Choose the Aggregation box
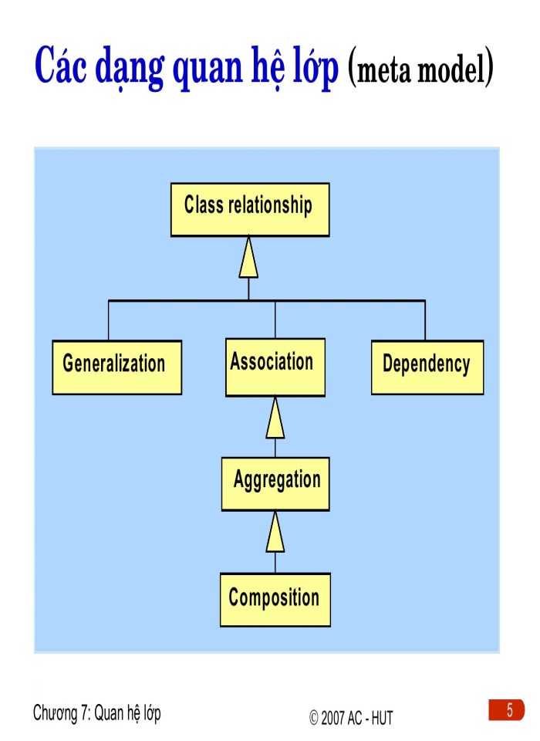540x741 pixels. click(x=275, y=483)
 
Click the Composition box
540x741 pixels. click(x=275, y=600)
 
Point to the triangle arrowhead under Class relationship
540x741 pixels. click(x=248, y=259)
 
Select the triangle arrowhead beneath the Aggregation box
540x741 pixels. click(x=275, y=534)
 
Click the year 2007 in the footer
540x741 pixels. click(x=332, y=718)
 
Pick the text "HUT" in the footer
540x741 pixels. click(x=381, y=718)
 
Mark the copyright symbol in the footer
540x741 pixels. click(x=314, y=718)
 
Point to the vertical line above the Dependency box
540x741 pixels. click(x=425, y=320)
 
